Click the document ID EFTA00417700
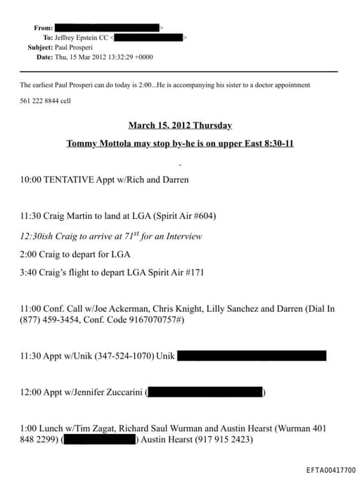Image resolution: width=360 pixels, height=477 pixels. (331, 470)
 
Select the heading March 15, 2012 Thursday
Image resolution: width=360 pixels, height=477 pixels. (180, 125)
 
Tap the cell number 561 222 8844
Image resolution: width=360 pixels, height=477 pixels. (39, 101)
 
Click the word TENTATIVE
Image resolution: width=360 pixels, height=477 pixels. (69, 179)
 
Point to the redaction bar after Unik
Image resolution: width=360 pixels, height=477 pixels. (252, 356)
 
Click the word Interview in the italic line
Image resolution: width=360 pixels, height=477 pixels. (183, 236)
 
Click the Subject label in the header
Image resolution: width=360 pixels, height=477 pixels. (40, 47)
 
